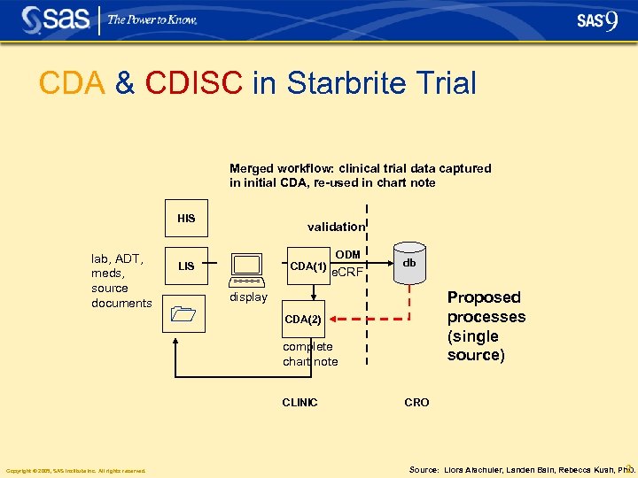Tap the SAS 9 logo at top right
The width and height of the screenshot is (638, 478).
pyautogui.click(x=596, y=20)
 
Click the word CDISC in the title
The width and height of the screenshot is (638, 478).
pyautogui.click(x=193, y=83)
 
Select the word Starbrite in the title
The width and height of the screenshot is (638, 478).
pyautogui.click(x=353, y=83)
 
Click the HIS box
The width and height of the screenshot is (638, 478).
pyautogui.click(x=186, y=219)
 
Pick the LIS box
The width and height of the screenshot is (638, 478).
pyautogui.click(x=186, y=266)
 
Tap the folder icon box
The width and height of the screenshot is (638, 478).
pyautogui.click(x=185, y=313)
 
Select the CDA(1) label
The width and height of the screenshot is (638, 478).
pyautogui.click(x=308, y=266)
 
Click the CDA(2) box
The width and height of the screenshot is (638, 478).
pyautogui.click(x=302, y=319)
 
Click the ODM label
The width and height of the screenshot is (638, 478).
pyautogui.click(x=347, y=255)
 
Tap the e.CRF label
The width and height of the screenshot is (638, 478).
pyautogui.click(x=346, y=272)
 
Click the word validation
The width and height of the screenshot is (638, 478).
pyautogui.click(x=336, y=227)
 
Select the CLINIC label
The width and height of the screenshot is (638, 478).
pyautogui.click(x=300, y=403)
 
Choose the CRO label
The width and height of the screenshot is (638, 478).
pyautogui.click(x=416, y=403)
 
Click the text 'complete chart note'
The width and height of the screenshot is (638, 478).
pyautogui.click(x=310, y=354)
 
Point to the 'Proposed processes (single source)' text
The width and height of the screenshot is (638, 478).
pyautogui.click(x=486, y=326)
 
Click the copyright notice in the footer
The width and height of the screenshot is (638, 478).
pyautogui.click(x=75, y=471)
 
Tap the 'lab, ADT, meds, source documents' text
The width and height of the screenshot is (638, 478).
pyautogui.click(x=121, y=281)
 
